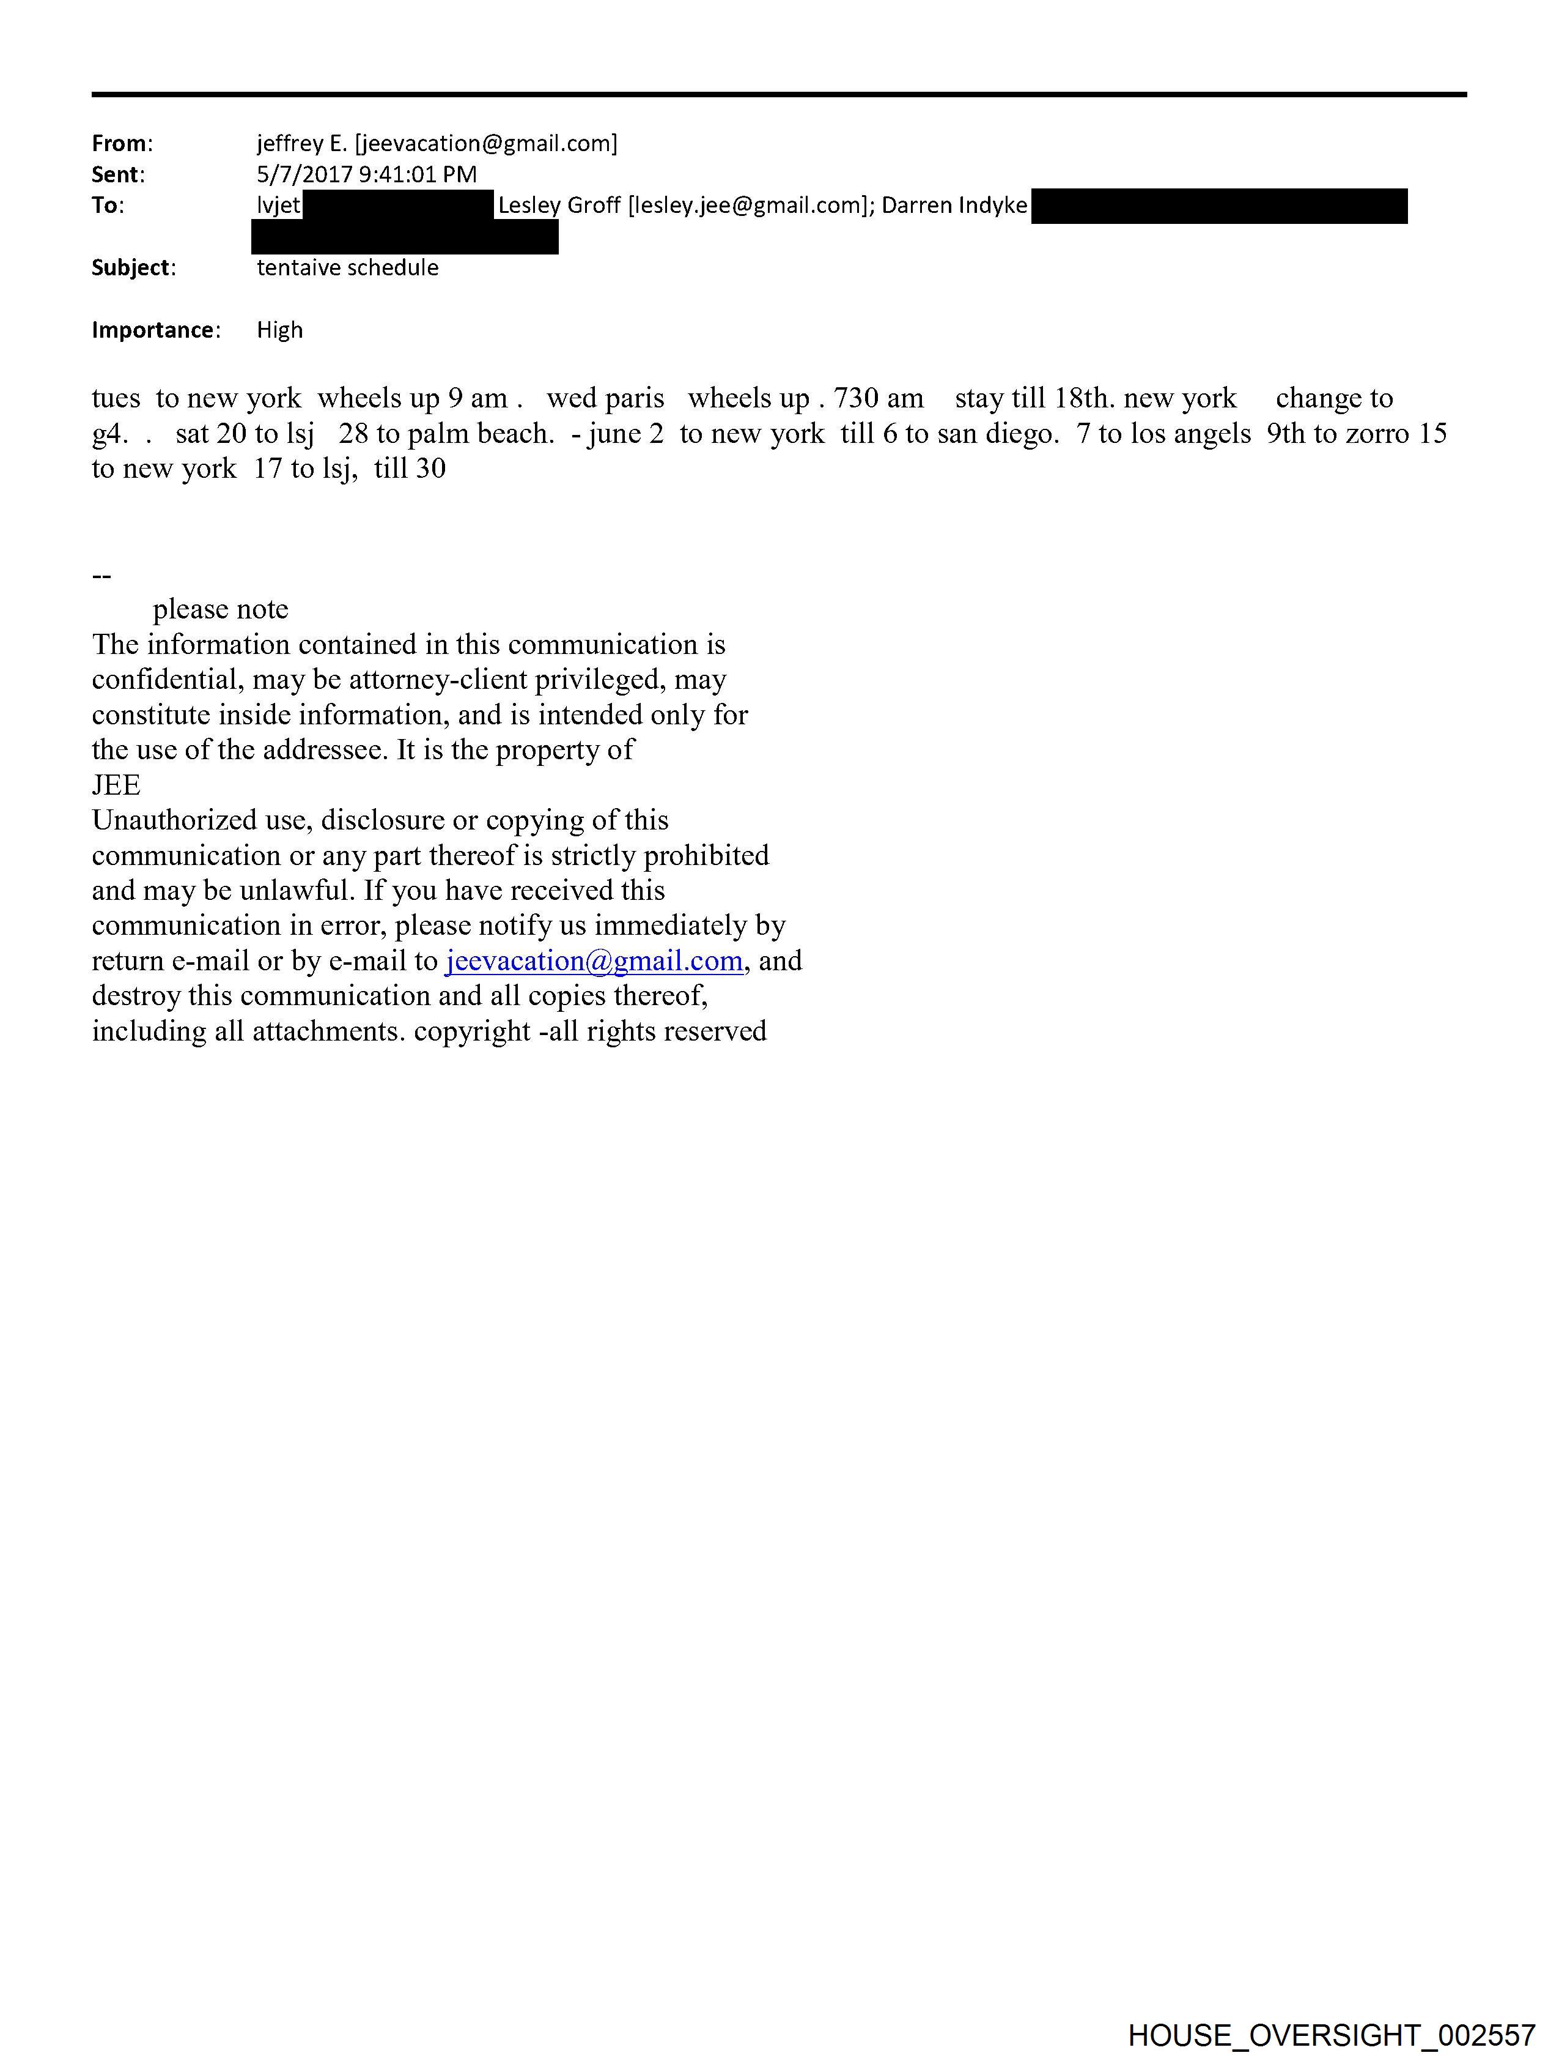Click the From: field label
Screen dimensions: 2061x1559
tap(121, 144)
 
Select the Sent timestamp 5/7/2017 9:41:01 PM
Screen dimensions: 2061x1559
tap(366, 174)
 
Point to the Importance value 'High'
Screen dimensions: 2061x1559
tap(279, 330)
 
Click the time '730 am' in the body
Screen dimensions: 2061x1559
tap(878, 399)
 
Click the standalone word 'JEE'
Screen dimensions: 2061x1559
tap(116, 785)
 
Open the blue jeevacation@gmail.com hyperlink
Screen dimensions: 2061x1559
tap(594, 960)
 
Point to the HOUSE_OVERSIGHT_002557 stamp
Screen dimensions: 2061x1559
tap(1331, 2034)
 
